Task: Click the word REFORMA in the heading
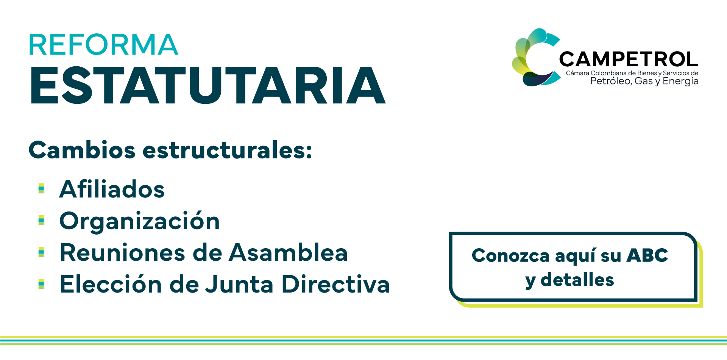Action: [103, 45]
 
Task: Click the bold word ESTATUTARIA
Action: [208, 85]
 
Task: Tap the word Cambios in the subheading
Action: [82, 150]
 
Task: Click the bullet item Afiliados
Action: [112, 189]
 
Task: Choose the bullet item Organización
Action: [140, 221]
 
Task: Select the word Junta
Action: [239, 284]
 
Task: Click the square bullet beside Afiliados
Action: [41, 188]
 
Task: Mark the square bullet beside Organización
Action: [41, 220]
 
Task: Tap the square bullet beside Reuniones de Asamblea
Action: [41, 252]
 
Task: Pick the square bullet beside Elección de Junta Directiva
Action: [41, 284]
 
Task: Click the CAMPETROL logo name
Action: [629, 59]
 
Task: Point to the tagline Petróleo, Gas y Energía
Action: [644, 81]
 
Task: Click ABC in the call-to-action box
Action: [647, 255]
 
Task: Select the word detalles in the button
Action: [577, 280]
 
